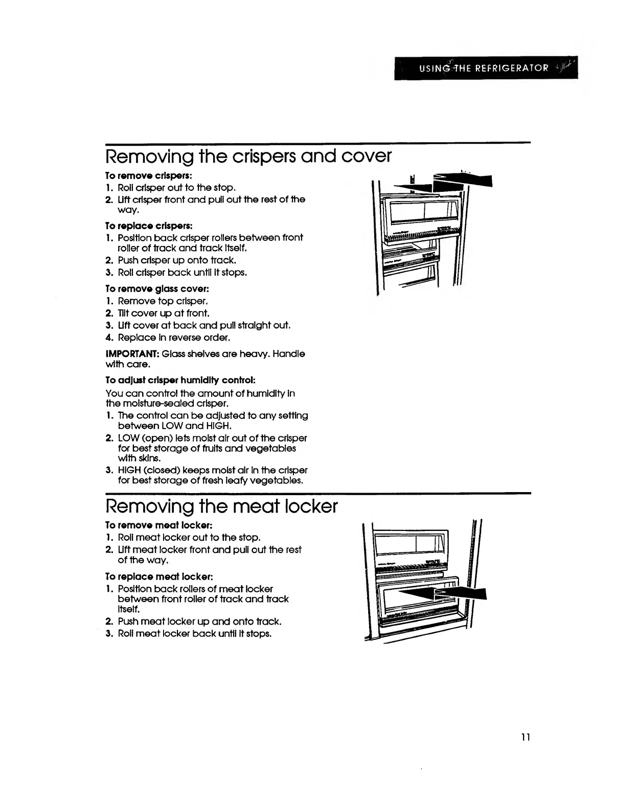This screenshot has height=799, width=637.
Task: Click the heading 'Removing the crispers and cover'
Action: pos(248,156)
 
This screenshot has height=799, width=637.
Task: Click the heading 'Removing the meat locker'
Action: pos(221,506)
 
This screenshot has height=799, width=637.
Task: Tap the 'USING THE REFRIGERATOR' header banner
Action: pos(486,68)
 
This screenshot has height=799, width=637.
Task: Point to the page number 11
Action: pos(526,737)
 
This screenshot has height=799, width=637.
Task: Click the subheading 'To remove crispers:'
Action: pos(148,175)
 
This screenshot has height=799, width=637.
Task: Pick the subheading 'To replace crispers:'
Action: pos(149,226)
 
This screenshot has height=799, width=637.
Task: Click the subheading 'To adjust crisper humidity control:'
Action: pos(180,380)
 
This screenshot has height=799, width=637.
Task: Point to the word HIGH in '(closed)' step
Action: pos(130,470)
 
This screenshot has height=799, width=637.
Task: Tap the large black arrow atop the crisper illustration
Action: pos(450,182)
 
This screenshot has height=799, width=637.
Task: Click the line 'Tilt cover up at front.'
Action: pos(163,313)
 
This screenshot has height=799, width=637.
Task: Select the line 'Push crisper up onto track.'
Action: pos(176,260)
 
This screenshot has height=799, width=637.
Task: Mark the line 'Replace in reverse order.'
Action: pos(174,338)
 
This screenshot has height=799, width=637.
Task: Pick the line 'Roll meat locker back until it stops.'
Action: pos(194,634)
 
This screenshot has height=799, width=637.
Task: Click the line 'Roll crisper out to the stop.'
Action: pos(176,188)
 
